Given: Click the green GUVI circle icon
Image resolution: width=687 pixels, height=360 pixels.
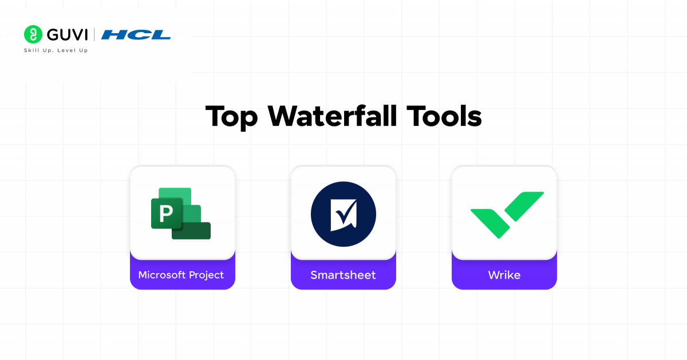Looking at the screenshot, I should (x=33, y=34).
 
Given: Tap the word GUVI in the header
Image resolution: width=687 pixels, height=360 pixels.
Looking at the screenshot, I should (x=68, y=34).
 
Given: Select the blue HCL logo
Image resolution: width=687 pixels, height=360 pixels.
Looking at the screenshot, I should (x=136, y=34).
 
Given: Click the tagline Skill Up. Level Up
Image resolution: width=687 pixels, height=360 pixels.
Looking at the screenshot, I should (x=56, y=50).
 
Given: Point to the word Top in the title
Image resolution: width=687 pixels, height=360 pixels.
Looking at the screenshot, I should (x=230, y=116).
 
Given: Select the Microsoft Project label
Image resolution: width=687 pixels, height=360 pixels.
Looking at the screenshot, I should (x=181, y=275).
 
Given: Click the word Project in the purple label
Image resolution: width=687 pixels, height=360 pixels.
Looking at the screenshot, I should (x=206, y=275).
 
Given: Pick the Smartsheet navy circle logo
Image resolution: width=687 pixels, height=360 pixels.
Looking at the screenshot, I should (x=343, y=214).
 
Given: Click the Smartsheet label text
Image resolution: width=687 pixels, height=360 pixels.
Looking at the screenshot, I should (x=343, y=275).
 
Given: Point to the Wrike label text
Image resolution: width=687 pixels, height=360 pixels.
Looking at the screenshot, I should (x=504, y=275).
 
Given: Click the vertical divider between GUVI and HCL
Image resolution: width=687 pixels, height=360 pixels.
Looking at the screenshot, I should (x=94, y=34).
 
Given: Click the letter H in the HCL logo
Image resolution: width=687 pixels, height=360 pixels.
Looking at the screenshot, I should (x=113, y=34).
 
